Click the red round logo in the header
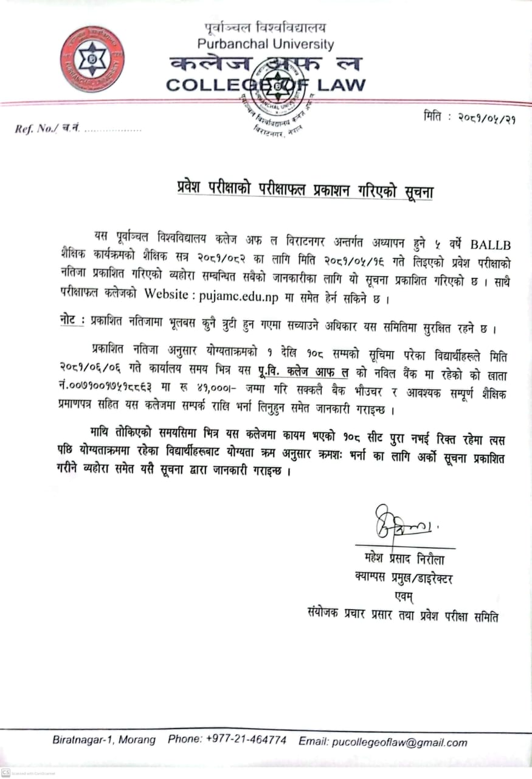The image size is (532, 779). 92,59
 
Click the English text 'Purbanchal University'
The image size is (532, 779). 266,44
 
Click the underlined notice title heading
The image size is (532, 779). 302,191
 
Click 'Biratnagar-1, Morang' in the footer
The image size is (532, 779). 103,741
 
